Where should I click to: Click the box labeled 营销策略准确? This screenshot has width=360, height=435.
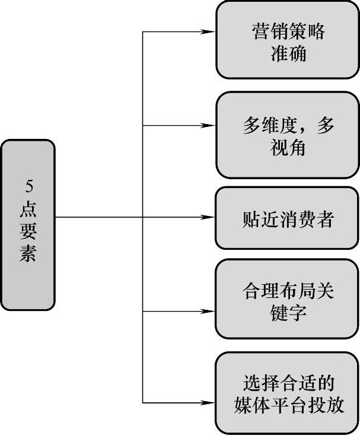(288, 40)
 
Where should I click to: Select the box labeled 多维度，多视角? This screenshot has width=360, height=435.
(288, 135)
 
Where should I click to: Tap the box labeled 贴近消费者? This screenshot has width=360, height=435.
(288, 218)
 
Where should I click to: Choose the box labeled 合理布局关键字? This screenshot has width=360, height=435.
(288, 299)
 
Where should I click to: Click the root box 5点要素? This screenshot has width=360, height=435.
(28, 224)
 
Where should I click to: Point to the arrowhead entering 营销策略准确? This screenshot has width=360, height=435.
(209, 31)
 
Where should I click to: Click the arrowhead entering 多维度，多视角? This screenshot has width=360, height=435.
(209, 125)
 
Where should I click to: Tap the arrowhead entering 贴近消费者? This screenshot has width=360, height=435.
(209, 218)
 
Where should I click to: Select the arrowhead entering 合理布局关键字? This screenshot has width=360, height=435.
(209, 310)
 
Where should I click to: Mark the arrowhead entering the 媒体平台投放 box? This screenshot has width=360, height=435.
(209, 403)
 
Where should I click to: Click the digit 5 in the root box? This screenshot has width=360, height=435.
(29, 186)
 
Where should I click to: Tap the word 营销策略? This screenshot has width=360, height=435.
(288, 31)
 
